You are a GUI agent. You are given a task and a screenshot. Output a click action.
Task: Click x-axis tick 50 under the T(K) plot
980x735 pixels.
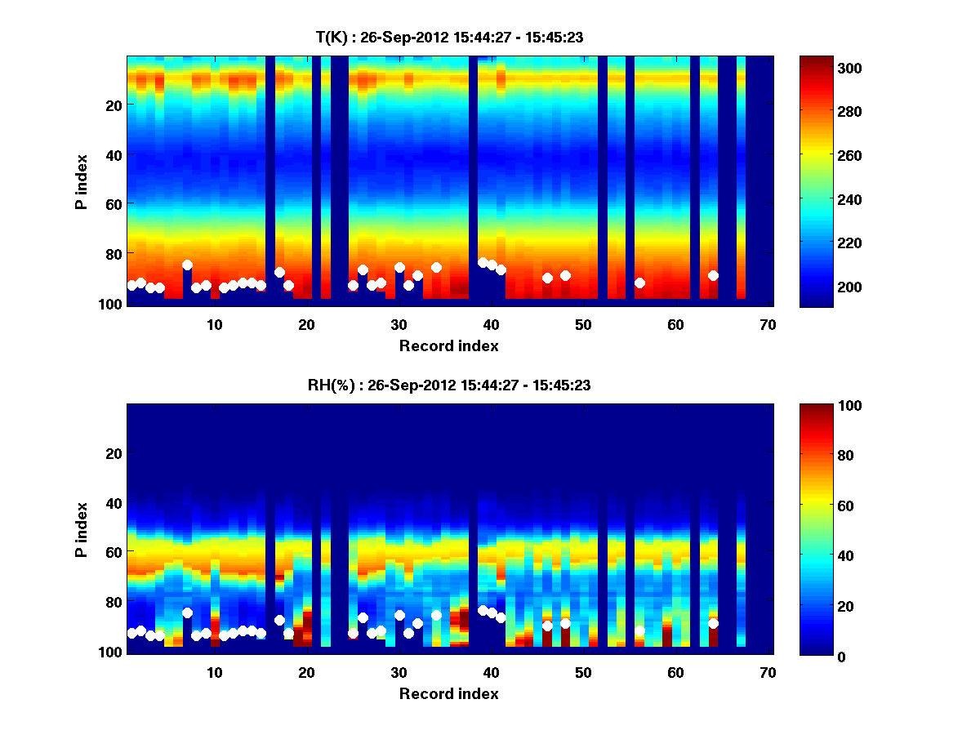tap(583, 325)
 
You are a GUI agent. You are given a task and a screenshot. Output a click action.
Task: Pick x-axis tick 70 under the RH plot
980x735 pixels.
tap(768, 673)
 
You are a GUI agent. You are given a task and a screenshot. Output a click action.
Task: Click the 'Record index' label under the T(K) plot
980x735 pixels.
tap(448, 345)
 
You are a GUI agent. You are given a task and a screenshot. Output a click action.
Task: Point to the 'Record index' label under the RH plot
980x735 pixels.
tap(448, 693)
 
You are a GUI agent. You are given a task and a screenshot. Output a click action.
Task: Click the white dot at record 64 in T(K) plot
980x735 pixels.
tap(713, 275)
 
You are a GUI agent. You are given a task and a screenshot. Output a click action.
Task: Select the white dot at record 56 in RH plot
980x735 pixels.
tap(639, 631)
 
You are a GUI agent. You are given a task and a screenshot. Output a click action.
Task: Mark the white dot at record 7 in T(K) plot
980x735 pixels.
tap(187, 265)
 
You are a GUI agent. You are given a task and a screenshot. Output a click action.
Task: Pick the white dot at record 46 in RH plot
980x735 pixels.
tap(547, 626)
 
